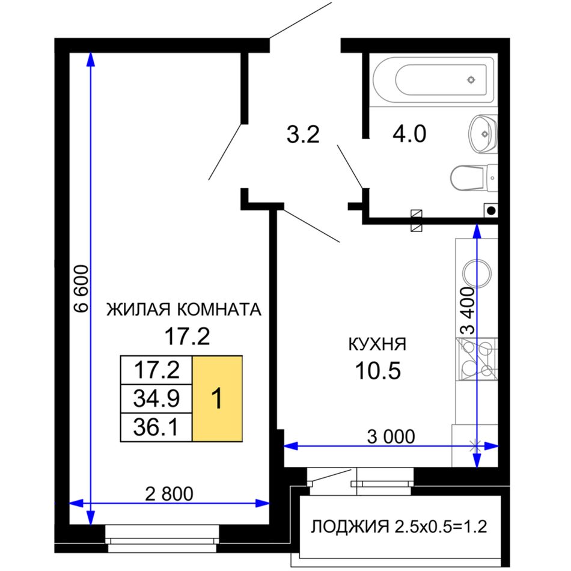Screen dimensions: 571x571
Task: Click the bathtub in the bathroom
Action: (433, 80)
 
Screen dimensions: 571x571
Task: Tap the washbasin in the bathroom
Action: (483, 134)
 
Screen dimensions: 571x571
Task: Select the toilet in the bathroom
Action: (474, 178)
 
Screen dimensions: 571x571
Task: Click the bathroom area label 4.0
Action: (409, 133)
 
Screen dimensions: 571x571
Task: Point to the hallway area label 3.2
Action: (303, 134)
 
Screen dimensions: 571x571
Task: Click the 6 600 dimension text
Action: (81, 289)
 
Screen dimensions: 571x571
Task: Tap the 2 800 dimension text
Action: (169, 494)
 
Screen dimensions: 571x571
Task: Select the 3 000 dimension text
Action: (391, 436)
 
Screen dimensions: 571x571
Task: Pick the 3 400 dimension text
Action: (468, 310)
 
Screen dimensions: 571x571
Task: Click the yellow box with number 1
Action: (217, 398)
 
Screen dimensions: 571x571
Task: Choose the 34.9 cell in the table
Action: (156, 398)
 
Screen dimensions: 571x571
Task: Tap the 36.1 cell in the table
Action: (156, 427)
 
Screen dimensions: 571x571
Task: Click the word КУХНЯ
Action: (377, 344)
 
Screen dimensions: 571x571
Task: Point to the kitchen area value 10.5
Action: (377, 371)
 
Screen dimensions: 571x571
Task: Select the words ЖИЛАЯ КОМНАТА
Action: (184, 310)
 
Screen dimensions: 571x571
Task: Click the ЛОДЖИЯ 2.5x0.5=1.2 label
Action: (398, 527)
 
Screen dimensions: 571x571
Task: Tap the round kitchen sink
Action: (477, 273)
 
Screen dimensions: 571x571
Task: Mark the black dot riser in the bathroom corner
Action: (491, 210)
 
